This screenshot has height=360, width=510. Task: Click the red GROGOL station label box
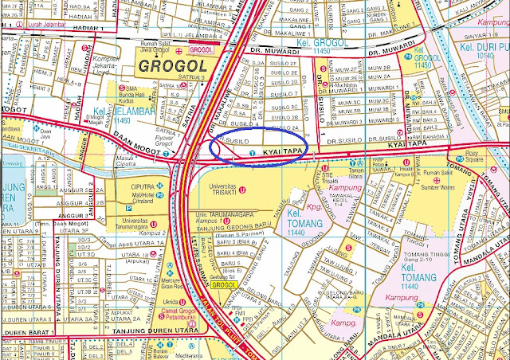click(202, 50)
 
